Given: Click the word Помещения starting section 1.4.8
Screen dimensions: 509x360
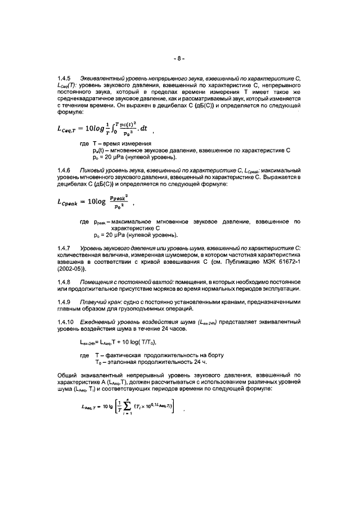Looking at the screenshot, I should point(99,281).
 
